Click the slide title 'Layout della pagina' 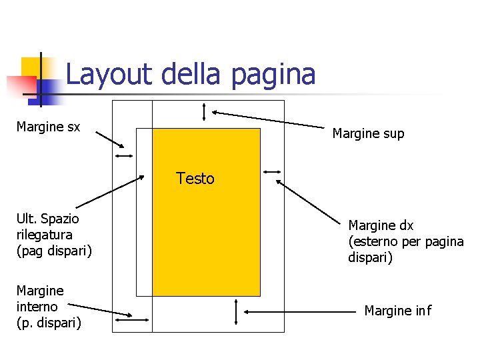click(190, 74)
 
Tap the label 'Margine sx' click(48, 127)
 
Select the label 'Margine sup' click(368, 133)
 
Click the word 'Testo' click(195, 179)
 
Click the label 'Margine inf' click(397, 311)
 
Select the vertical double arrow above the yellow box click(205, 113)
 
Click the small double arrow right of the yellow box click(272, 172)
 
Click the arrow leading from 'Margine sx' click(109, 139)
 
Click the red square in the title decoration click(21, 86)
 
